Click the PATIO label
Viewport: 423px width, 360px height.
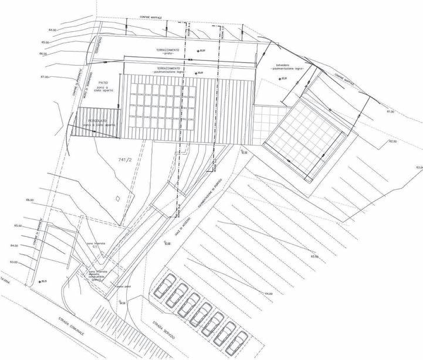103,83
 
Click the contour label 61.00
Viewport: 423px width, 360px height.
390,111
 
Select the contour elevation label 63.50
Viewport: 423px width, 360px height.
314,257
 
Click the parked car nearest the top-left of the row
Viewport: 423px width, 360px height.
165,286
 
